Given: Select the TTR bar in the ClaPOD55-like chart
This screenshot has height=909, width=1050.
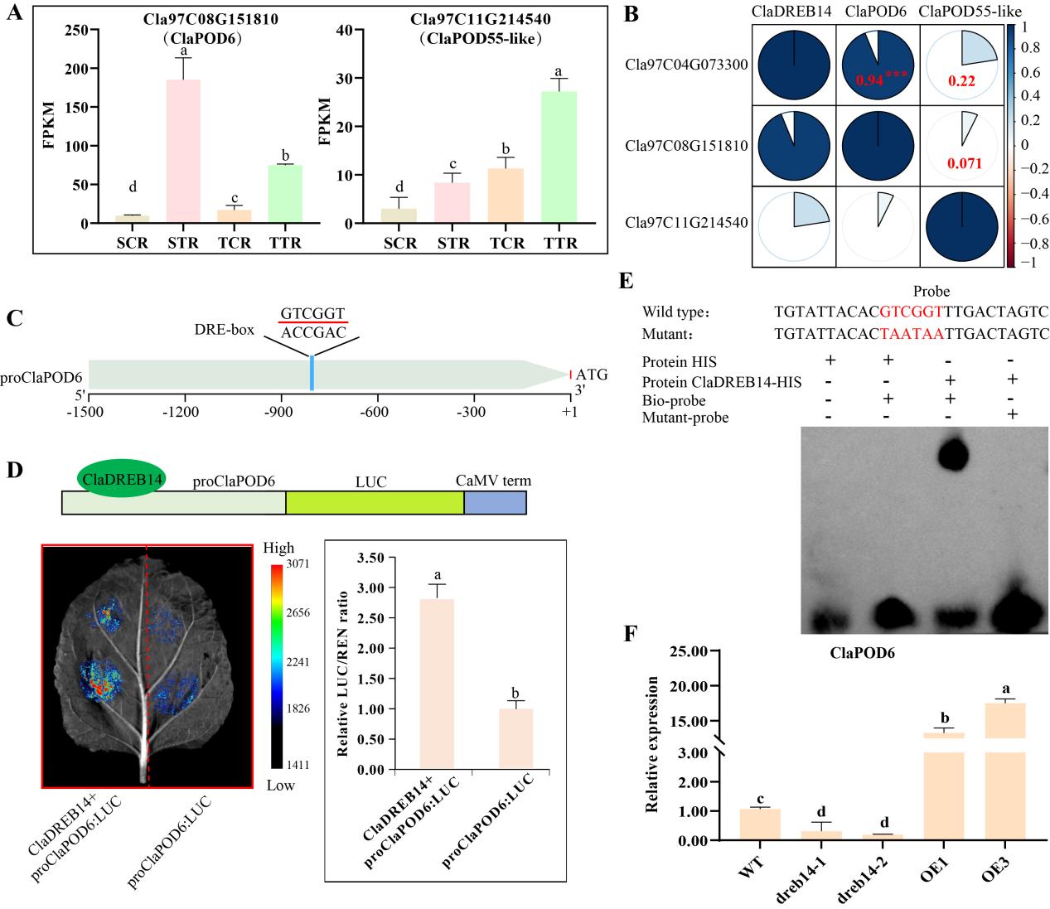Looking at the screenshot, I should tap(559, 157).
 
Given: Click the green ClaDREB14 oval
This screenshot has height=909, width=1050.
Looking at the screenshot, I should tap(121, 479).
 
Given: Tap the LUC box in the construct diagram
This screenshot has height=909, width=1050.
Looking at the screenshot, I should tap(375, 503).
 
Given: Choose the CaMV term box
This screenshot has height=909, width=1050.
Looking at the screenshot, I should tap(495, 503).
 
